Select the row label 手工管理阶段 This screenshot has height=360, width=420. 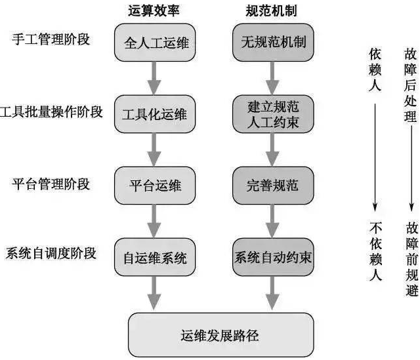pos(51,39)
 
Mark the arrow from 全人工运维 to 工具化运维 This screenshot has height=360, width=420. pos(154,78)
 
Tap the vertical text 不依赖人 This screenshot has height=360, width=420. pos(375,251)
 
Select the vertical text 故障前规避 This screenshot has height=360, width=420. pos(411,251)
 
